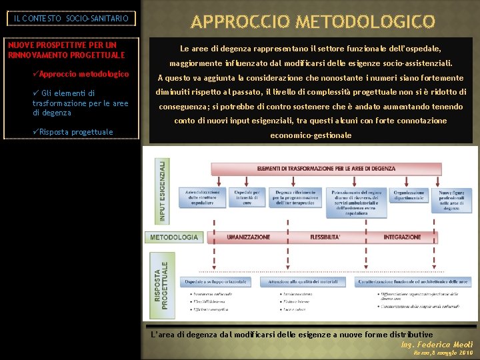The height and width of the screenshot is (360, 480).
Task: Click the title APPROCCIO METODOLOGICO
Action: [313, 21]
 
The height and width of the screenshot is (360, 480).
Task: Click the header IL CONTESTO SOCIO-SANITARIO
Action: [72, 19]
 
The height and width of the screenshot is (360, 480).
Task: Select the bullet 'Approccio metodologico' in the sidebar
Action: [83, 74]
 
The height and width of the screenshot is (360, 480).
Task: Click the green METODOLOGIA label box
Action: [174, 237]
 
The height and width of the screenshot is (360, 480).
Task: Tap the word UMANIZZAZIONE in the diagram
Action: [248, 237]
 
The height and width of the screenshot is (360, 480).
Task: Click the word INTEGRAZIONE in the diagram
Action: [402, 237]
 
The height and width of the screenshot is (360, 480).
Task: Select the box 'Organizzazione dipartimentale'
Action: [409, 195]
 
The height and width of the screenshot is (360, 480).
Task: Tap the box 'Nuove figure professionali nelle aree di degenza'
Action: [453, 199]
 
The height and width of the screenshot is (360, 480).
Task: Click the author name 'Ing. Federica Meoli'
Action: [437, 344]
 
